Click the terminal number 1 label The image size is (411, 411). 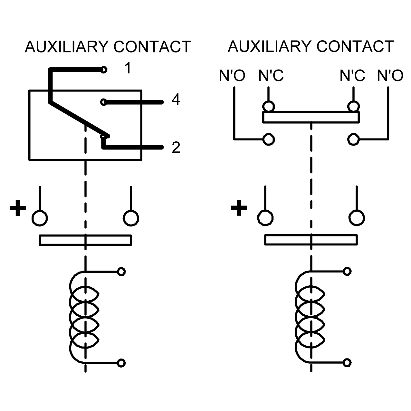[128, 68]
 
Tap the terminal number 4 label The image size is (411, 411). [176, 100]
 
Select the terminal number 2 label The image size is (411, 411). [176, 148]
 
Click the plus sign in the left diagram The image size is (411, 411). [18, 208]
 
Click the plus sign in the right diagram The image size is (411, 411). [239, 208]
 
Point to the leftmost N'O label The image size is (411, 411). [232, 75]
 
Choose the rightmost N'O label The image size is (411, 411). [390, 75]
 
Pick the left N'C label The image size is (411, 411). [271, 75]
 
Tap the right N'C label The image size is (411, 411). [352, 75]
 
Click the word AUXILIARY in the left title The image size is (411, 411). [67, 46]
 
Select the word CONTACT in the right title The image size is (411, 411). [355, 46]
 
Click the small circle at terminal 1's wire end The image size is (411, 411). [104, 70]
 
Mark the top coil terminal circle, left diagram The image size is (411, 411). [121, 272]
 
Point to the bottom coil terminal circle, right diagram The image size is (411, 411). [347, 363]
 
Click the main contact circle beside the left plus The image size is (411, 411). [40, 218]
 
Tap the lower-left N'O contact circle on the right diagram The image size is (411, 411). [269, 139]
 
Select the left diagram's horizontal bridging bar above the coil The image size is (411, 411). [85, 240]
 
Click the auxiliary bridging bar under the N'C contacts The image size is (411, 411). [311, 117]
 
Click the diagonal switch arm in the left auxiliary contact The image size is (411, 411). [79, 119]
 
